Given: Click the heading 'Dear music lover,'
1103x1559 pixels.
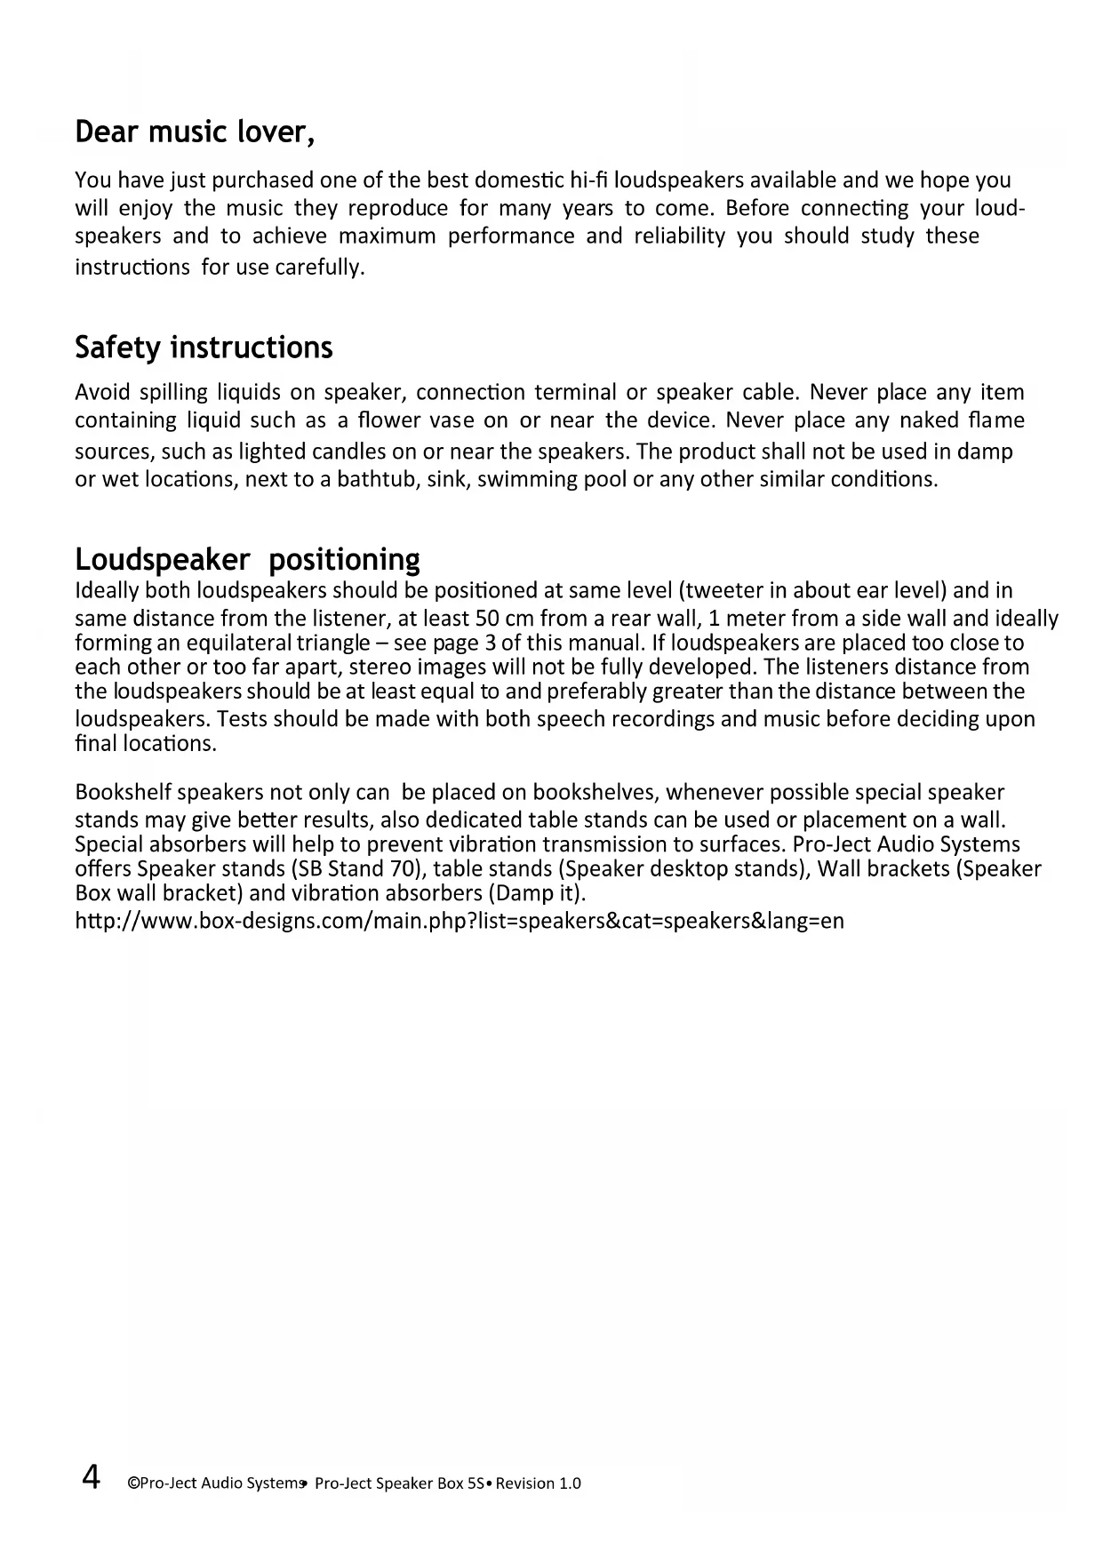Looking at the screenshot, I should pyautogui.click(x=195, y=132).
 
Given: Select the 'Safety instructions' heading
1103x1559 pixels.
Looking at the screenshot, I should pyautogui.click(x=204, y=348).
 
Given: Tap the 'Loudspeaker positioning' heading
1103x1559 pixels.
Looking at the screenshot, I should pyautogui.click(x=247, y=560).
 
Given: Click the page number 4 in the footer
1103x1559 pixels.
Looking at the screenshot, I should pyautogui.click(x=91, y=1477).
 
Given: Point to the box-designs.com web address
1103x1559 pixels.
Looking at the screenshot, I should pyautogui.click(x=459, y=921).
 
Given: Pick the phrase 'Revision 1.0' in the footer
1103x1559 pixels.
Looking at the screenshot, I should pyautogui.click(x=539, y=1483).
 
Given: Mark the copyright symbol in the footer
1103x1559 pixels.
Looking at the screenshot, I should pyautogui.click(x=133, y=1483).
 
